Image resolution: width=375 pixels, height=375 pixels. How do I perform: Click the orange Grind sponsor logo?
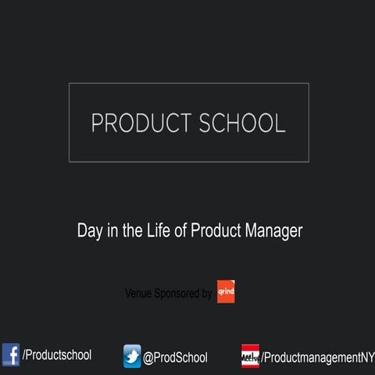coord(226,293)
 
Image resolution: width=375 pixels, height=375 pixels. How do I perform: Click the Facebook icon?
coord(10,355)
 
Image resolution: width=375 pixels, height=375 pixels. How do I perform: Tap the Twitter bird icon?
coord(132,356)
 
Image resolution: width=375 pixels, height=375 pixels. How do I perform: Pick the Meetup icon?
coord(250,355)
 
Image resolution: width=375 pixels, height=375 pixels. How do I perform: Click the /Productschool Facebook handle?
coord(57,355)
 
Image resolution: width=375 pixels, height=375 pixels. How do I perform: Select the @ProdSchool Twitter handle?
coord(175,357)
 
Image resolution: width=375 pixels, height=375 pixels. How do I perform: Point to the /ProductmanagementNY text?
coord(317,357)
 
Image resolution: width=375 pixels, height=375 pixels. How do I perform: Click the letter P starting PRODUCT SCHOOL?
coord(97,123)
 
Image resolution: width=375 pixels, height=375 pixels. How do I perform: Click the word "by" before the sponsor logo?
coord(207,294)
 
